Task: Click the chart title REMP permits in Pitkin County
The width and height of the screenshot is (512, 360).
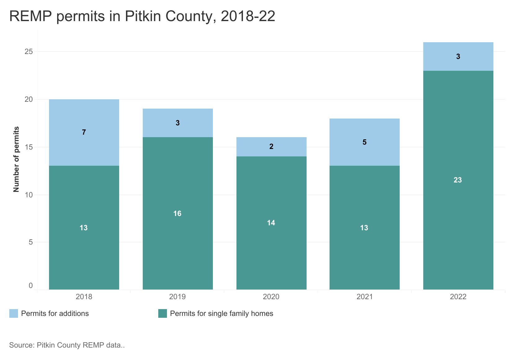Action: pyautogui.click(x=142, y=16)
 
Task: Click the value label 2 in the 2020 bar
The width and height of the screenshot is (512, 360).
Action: pyautogui.click(x=271, y=146)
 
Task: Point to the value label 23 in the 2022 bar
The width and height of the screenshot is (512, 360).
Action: pyautogui.click(x=458, y=180)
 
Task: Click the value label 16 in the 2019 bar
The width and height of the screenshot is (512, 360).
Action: pyautogui.click(x=177, y=214)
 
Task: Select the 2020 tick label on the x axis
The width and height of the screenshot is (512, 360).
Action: pyautogui.click(x=271, y=297)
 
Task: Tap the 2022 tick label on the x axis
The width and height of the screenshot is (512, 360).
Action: pyautogui.click(x=458, y=297)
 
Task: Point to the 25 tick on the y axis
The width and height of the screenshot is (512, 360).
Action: pyautogui.click(x=29, y=52)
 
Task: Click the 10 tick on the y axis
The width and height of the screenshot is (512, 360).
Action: pyautogui.click(x=29, y=195)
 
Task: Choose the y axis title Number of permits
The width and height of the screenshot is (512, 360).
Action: pyautogui.click(x=16, y=159)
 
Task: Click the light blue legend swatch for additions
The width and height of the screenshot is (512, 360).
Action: pyautogui.click(x=14, y=313)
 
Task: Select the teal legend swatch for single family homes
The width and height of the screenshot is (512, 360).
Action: pyautogui.click(x=163, y=313)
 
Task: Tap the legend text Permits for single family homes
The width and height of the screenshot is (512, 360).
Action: pyautogui.click(x=222, y=313)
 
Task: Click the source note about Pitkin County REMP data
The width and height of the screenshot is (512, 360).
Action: pyautogui.click(x=67, y=345)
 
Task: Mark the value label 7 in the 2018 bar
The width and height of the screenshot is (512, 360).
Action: pyautogui.click(x=84, y=132)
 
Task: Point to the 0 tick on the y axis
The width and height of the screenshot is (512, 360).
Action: pyautogui.click(x=31, y=286)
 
